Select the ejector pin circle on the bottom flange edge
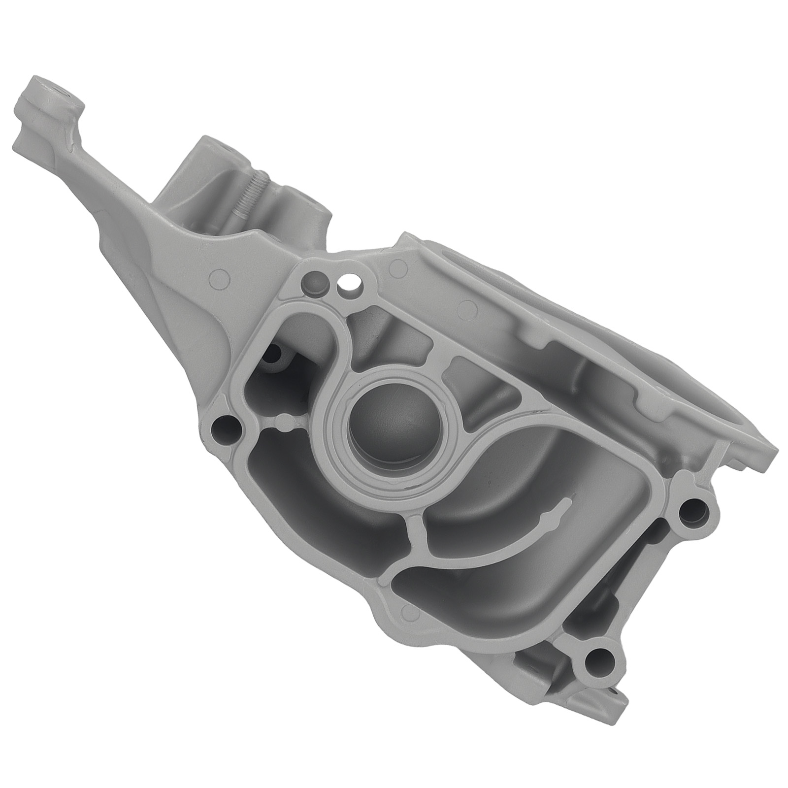[408, 611]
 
